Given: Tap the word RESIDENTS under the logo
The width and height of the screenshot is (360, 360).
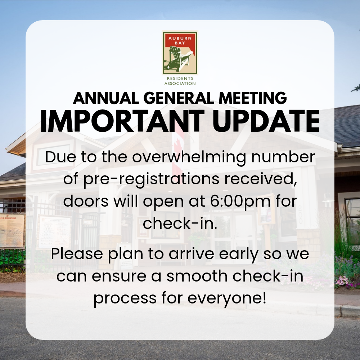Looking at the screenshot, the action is click(180, 78).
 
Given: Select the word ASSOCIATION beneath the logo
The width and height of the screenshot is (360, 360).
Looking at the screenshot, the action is click(180, 84).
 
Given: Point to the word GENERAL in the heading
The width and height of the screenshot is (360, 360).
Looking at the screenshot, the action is click(179, 98).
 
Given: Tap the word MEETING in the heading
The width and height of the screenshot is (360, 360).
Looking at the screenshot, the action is click(253, 98).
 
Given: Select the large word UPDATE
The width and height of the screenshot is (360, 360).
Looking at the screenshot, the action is click(266, 121).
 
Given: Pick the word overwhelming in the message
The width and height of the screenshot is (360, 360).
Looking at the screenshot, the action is click(189, 158).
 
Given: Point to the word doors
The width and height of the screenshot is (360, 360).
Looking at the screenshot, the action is click(86, 201).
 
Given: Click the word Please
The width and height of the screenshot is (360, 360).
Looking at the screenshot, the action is click(77, 254).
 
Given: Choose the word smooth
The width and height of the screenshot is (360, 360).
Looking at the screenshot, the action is click(197, 276).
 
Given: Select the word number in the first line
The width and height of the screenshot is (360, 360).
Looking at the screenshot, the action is click(283, 157).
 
